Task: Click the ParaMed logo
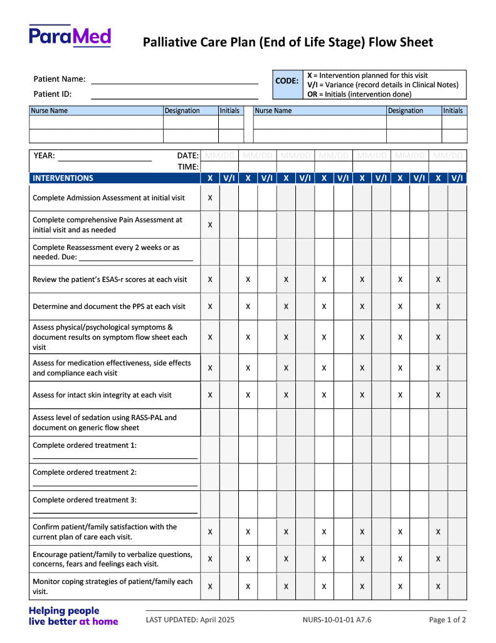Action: (x=70, y=36)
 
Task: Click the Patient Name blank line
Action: (x=174, y=83)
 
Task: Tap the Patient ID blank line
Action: (x=174, y=98)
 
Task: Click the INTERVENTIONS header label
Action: (x=63, y=178)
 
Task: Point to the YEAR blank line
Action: (x=105, y=160)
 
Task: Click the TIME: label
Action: (x=188, y=167)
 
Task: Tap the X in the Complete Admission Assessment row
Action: (x=210, y=198)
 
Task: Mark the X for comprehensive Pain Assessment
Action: (x=210, y=225)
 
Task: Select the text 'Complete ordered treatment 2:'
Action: (x=85, y=472)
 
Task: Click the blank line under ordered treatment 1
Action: (x=115, y=458)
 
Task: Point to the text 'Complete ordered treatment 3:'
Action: (x=85, y=500)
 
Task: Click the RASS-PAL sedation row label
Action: (x=105, y=423)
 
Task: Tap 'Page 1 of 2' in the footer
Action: (x=447, y=620)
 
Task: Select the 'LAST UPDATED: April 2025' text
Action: (x=190, y=620)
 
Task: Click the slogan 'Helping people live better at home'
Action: (x=73, y=616)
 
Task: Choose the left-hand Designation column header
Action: (x=182, y=111)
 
